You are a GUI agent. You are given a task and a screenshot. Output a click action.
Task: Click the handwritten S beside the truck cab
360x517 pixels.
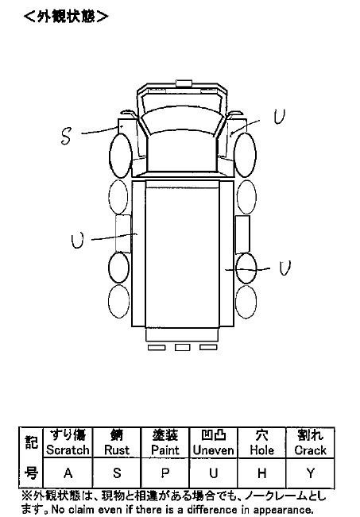point(66,136)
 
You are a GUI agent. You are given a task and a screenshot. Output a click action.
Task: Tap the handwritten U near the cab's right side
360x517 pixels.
point(280,117)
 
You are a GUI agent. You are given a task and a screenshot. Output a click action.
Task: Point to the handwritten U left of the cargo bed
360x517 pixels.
point(78,240)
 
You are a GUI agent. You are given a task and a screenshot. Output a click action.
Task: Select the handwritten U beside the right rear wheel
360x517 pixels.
point(285,268)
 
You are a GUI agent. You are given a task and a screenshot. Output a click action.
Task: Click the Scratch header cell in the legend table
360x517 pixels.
point(68,442)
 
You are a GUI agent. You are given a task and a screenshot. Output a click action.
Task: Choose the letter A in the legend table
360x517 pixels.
point(68,473)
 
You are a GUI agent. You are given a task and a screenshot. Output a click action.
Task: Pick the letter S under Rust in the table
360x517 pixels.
point(117,473)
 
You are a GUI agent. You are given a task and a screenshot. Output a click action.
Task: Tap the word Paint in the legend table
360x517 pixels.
point(165,450)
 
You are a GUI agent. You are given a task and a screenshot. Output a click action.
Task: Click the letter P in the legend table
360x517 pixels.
point(165,473)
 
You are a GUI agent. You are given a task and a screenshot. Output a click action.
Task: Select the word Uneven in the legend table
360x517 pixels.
point(214,450)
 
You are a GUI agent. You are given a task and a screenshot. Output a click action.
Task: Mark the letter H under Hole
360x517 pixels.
point(262,473)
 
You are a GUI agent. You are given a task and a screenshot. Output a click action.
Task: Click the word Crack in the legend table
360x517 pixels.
point(310,450)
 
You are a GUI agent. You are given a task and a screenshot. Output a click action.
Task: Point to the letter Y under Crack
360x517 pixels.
point(311,473)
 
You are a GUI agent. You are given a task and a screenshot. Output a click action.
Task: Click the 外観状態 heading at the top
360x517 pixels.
point(66,16)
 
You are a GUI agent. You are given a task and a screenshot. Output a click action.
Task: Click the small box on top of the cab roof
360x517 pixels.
point(184,83)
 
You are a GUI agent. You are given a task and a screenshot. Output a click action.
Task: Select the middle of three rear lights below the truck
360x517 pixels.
point(183,347)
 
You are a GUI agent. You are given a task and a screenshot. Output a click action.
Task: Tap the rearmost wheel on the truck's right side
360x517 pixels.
point(246,302)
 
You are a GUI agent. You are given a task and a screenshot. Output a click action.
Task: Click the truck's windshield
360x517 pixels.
point(181,122)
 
